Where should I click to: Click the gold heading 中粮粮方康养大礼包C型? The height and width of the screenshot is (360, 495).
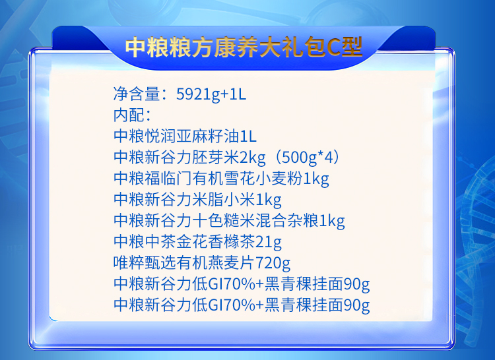244,47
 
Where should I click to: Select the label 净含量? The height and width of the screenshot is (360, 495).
137,94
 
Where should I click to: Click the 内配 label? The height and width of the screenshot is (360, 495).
129,115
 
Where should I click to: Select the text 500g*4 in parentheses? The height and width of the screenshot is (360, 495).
307,158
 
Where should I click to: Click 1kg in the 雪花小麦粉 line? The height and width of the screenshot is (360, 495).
316,179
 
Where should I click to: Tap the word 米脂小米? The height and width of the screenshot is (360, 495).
224,199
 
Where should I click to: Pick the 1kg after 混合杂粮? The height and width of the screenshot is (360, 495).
332,221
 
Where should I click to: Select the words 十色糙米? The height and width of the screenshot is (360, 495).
224,220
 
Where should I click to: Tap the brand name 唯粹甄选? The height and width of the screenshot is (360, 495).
145,262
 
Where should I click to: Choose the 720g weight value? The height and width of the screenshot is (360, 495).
273,263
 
